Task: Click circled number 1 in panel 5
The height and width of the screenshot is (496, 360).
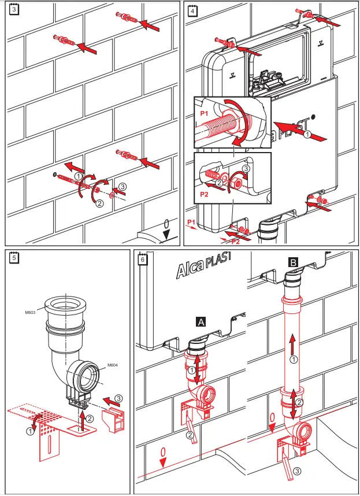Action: coord(29,430)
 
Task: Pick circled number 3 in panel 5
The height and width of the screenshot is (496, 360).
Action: coord(117,398)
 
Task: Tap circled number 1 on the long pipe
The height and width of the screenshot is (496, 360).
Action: coord(293,360)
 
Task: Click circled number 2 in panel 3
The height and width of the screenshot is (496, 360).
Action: coord(99,203)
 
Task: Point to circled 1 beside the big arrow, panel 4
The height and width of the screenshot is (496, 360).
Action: coord(307,134)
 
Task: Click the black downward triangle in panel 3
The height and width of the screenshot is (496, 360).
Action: coord(166,234)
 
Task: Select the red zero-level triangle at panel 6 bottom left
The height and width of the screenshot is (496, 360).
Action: coord(164,461)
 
